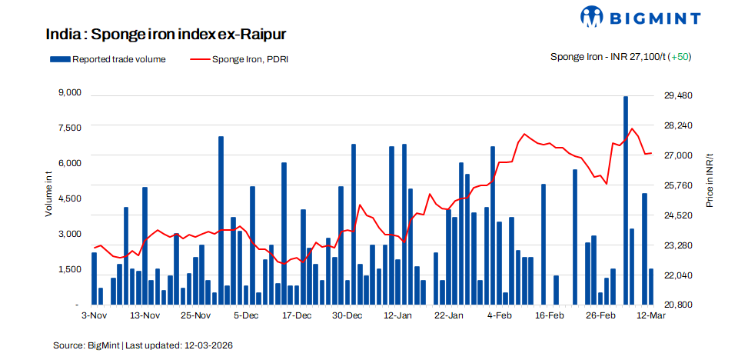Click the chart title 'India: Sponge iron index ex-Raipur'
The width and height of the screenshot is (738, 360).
(166, 35)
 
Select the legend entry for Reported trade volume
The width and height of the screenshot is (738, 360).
(107, 59)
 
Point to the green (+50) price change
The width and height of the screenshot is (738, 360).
(680, 57)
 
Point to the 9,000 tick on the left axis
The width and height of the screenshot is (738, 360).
(69, 93)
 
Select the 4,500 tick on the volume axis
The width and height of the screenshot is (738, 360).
(69, 198)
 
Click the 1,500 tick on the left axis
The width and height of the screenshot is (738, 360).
(69, 269)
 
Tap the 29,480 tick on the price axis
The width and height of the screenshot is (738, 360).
(678, 95)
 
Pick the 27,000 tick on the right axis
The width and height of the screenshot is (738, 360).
(678, 155)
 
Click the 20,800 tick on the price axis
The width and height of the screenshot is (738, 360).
(678, 305)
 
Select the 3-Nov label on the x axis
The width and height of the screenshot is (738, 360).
(94, 315)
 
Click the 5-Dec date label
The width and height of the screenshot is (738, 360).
(246, 315)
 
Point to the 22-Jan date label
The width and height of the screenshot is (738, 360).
(449, 315)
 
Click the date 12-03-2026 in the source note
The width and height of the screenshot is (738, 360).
(208, 345)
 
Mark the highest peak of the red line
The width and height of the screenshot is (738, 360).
(632, 128)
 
